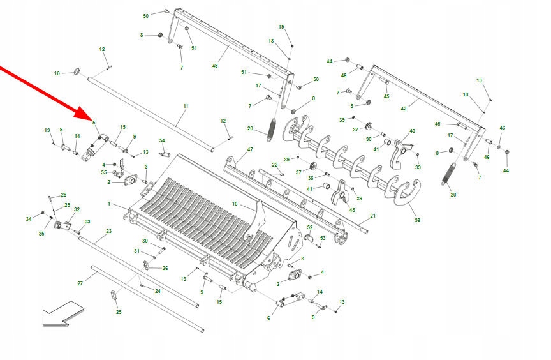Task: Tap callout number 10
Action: tap(57, 74)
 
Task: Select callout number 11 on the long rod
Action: tap(186, 105)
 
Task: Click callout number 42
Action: tap(403, 109)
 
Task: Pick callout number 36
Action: tap(417, 220)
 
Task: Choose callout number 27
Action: tap(80, 283)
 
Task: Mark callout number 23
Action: tap(108, 231)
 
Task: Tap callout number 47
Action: tap(250, 149)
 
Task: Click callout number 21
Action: tap(373, 216)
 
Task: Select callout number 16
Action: tap(235, 204)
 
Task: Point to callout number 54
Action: tap(162, 140)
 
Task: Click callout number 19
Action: tap(281, 27)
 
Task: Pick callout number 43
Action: tap(502, 128)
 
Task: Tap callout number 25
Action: tap(118, 312)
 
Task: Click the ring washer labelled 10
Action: tap(77, 70)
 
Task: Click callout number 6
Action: tap(268, 318)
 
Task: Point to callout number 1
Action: tap(109, 204)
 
